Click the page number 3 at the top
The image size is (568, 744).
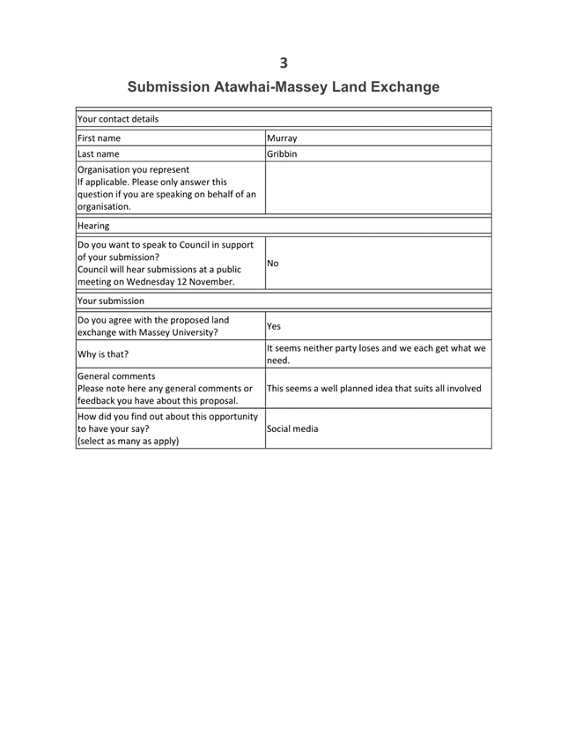[x=284, y=62]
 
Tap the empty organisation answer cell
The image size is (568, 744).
[x=377, y=189]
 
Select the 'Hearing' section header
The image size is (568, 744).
[x=92, y=226]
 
